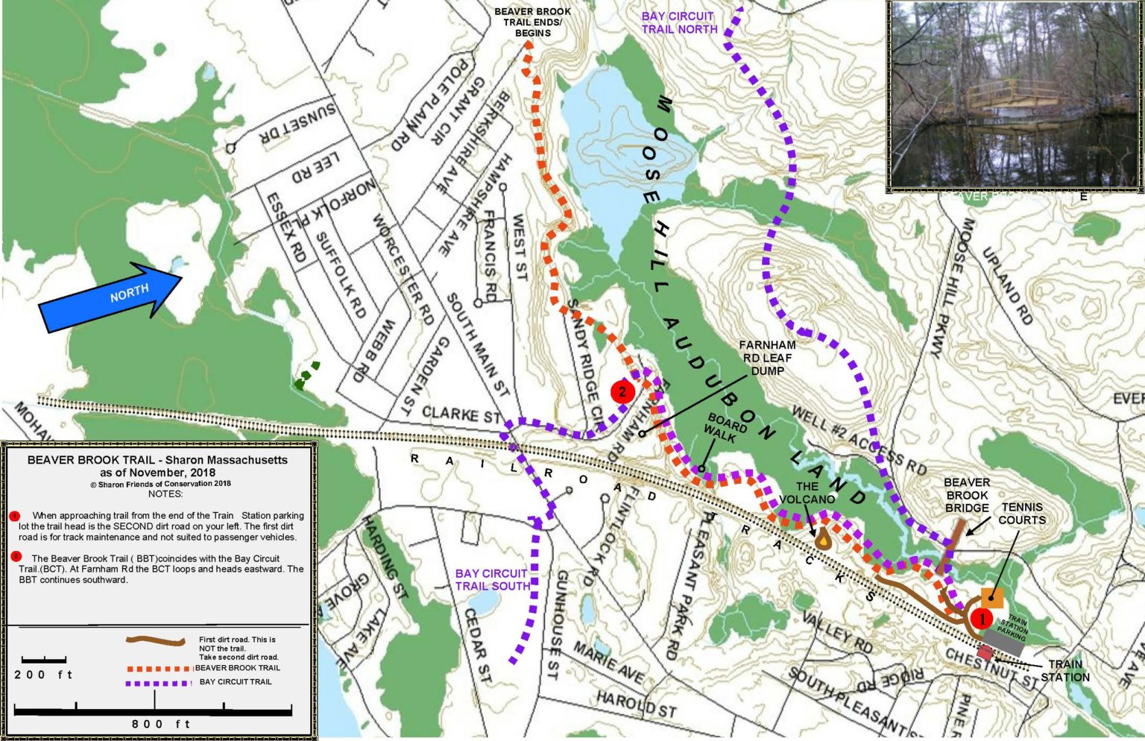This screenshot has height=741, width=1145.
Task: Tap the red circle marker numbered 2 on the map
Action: click(622, 391)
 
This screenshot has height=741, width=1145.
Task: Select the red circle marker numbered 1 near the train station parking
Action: click(981, 618)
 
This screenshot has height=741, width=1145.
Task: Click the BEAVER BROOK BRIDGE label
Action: click(967, 495)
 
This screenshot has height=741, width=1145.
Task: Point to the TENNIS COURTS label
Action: click(1022, 513)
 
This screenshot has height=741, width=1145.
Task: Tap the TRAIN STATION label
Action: click(1065, 670)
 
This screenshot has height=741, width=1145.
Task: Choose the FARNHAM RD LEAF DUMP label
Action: click(767, 358)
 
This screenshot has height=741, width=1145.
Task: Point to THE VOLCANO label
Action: click(807, 493)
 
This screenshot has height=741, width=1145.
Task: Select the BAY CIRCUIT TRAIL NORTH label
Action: click(679, 22)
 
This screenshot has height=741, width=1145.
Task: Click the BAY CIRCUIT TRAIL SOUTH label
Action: click(491, 579)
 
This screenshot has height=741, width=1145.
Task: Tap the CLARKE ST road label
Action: click(462, 414)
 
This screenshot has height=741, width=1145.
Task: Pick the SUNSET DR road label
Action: click(297, 124)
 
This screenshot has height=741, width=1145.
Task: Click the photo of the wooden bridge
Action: click(1015, 95)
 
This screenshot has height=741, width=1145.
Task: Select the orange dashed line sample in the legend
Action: click(160, 668)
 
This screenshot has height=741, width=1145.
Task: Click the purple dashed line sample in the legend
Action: click(160, 682)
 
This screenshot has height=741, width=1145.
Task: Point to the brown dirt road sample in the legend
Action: click(156, 640)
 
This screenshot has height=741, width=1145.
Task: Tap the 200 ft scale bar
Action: click(44, 660)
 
